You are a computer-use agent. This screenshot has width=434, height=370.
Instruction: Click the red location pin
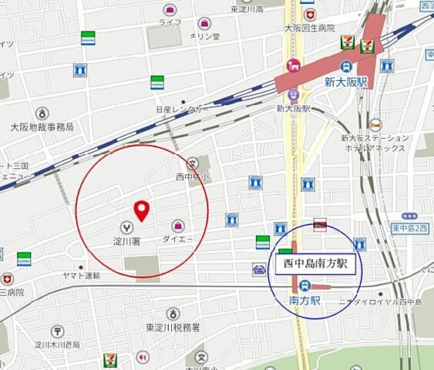(141, 210)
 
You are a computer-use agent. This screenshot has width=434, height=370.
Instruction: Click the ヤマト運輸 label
(82, 275)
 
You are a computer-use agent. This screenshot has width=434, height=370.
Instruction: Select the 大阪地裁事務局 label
(42, 126)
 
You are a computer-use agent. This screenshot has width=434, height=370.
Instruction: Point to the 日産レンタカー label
(182, 110)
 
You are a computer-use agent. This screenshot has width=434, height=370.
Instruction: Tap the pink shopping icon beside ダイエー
(178, 225)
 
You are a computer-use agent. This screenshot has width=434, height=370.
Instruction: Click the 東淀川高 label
(247, 9)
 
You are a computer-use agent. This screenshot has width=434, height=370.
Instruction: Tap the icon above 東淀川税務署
(173, 314)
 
